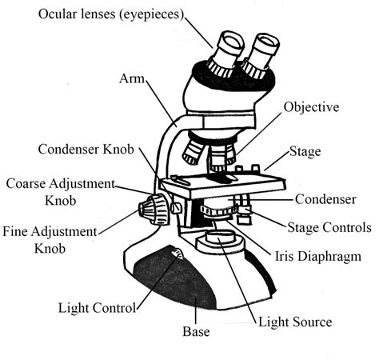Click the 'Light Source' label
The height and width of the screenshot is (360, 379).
pyautogui.click(x=293, y=322)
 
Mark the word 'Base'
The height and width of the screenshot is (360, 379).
pyautogui.click(x=196, y=330)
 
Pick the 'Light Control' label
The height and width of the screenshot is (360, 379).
pyautogui.click(x=96, y=306)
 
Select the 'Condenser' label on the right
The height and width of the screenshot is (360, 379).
pyautogui.click(x=324, y=198)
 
